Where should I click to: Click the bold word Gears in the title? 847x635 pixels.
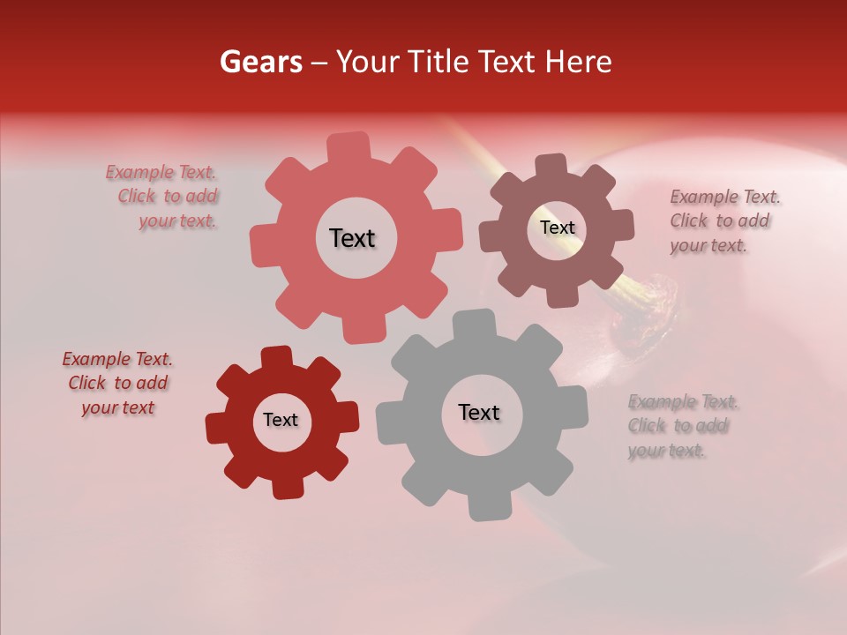(261, 62)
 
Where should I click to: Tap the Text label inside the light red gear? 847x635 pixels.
(352, 238)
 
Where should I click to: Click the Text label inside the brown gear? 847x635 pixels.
(557, 228)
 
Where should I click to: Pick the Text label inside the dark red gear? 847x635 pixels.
(281, 420)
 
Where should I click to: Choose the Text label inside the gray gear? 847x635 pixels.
(479, 412)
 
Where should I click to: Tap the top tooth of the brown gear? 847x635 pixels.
(551, 166)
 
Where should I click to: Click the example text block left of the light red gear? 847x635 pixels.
(168, 197)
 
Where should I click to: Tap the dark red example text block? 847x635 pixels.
(117, 383)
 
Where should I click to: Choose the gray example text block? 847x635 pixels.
(683, 426)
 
